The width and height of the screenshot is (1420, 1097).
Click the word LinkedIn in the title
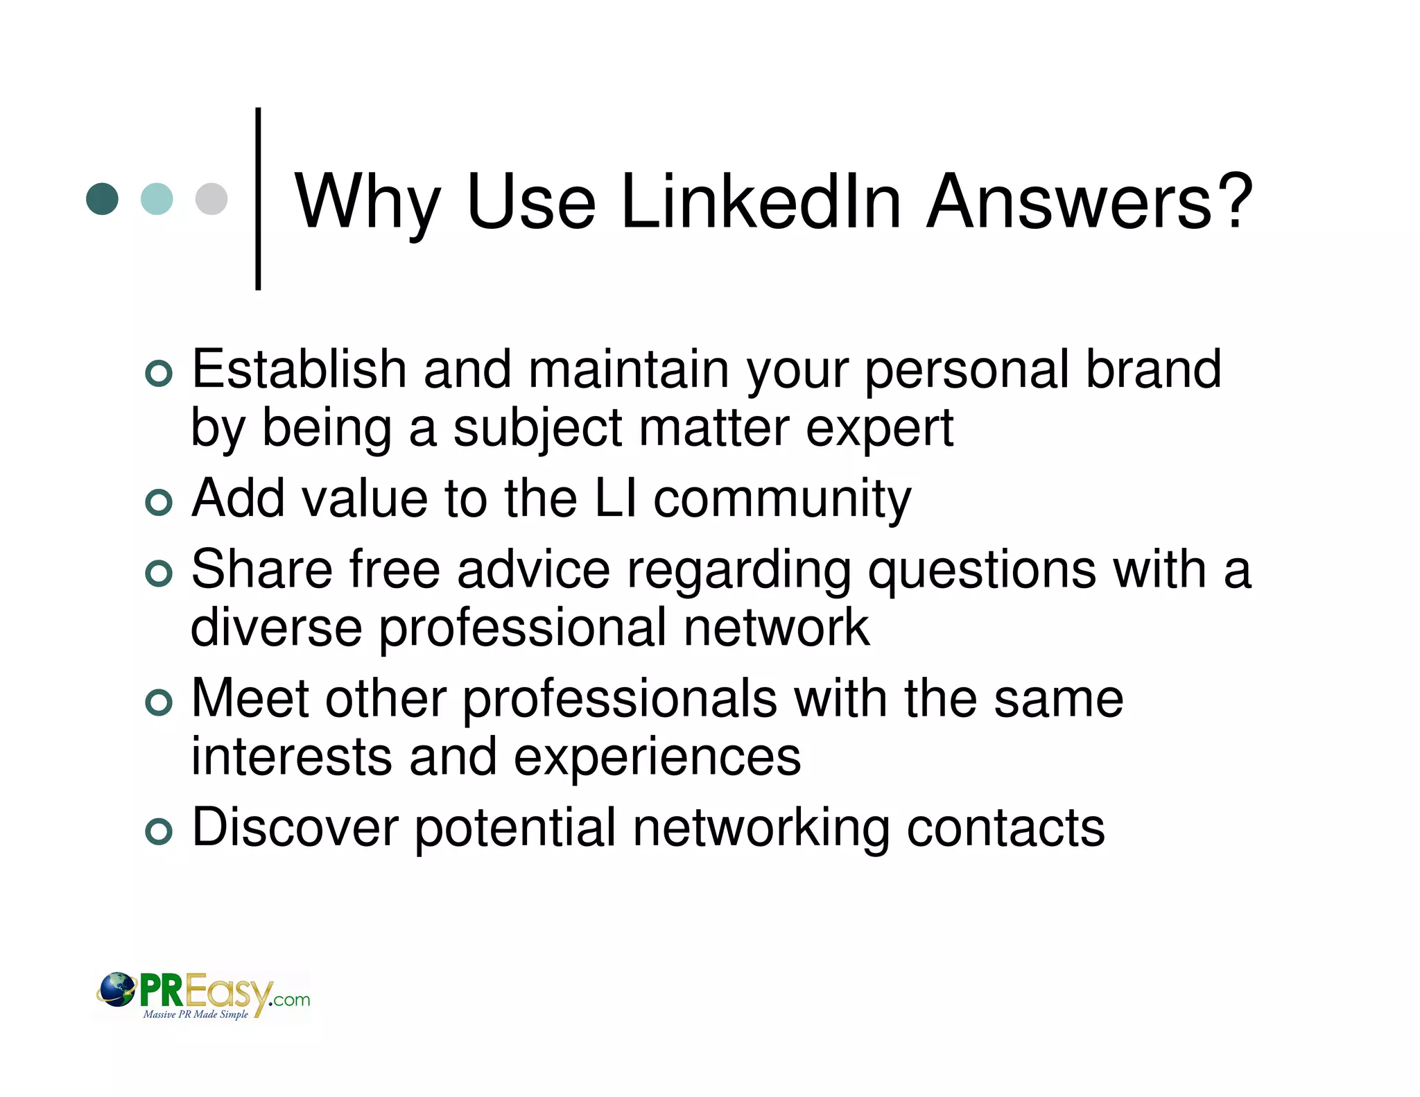[761, 202]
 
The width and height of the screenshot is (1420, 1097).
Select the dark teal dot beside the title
[102, 199]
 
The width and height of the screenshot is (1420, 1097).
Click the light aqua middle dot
[157, 199]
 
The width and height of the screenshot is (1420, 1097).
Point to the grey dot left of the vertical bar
[211, 199]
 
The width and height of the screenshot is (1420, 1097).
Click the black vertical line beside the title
[258, 199]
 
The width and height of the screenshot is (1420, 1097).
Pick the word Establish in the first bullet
[299, 370]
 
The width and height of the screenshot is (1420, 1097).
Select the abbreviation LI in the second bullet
[616, 499]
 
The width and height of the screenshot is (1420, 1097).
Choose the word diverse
[276, 628]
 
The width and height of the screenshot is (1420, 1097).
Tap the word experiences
[657, 757]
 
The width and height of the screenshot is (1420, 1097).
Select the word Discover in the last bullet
[295, 827]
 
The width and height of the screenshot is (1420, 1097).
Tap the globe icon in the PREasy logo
[116, 989]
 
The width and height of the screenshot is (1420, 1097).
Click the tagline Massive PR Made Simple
[196, 1014]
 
